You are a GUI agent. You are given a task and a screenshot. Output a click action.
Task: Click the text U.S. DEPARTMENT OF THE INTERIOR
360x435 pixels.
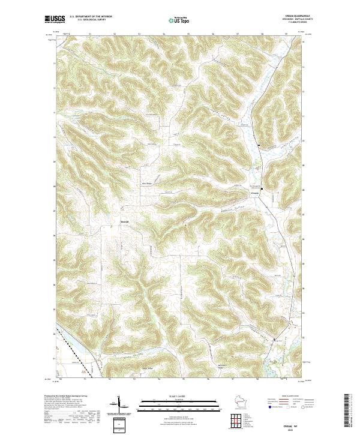(x=91, y=17)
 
